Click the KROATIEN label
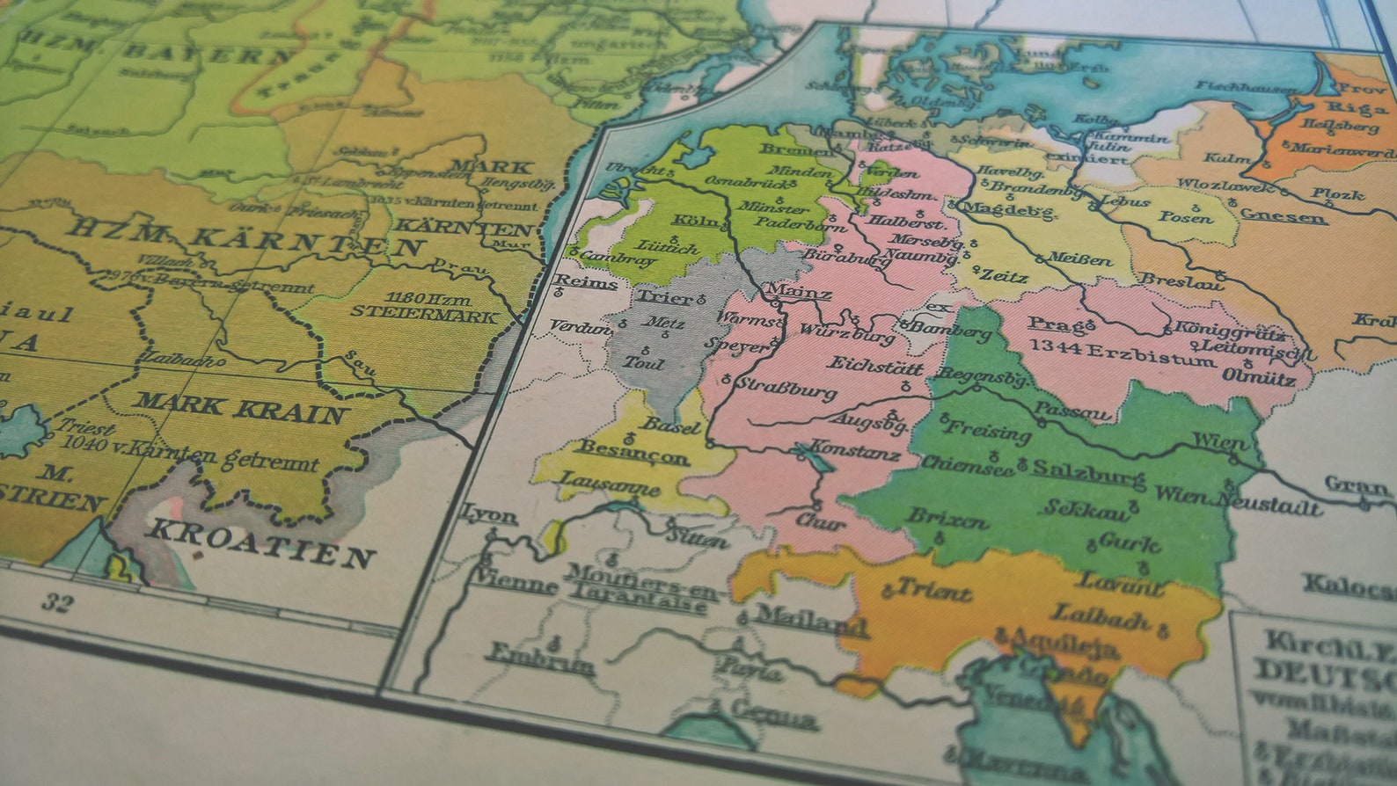(260, 541)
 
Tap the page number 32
(55, 603)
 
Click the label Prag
(1048, 324)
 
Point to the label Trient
(933, 590)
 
